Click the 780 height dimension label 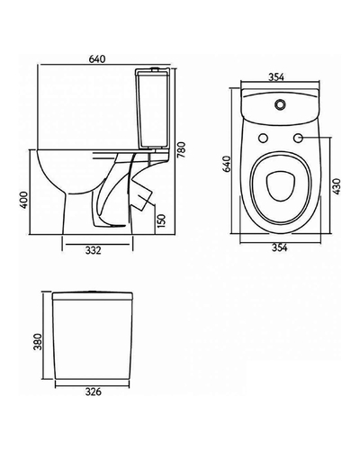(x=182, y=150)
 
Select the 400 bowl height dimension (x=24, y=200)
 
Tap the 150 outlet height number (x=161, y=220)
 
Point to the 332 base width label (x=94, y=250)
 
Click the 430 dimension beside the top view (x=337, y=186)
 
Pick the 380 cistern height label (x=39, y=342)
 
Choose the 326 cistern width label (x=94, y=391)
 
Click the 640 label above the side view (x=97, y=59)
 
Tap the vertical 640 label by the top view (x=227, y=164)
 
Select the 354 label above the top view (x=276, y=77)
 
